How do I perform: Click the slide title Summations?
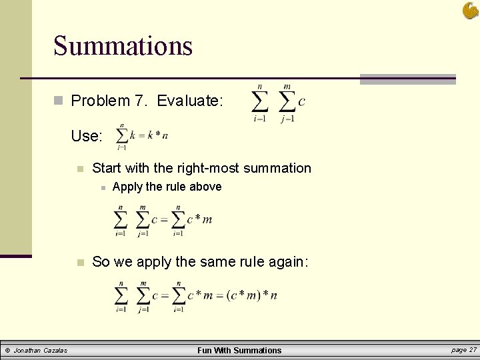pos(123,46)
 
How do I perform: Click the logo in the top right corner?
pos(470,10)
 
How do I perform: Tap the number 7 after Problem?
pos(139,101)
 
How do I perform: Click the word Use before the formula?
pos(87,137)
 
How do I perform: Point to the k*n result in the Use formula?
pos(157,135)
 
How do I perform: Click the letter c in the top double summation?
pos(302,101)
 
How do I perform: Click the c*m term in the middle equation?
pos(199,219)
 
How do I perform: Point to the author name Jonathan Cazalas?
pos(41,351)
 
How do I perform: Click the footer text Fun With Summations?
pos(239,351)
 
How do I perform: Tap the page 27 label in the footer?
pos(463,350)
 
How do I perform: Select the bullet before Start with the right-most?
pos(79,169)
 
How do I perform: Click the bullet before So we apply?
pos(79,262)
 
